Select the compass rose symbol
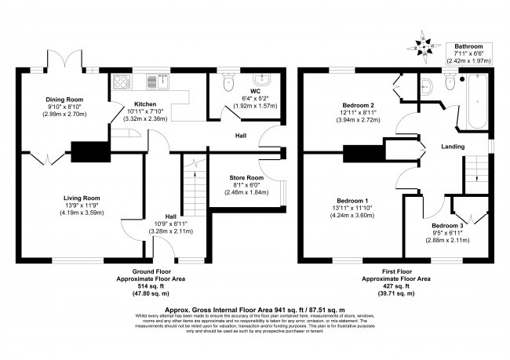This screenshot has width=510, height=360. tap(424, 47)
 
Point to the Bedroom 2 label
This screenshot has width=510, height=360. tap(357, 105)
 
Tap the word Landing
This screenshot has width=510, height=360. tap(453, 147)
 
